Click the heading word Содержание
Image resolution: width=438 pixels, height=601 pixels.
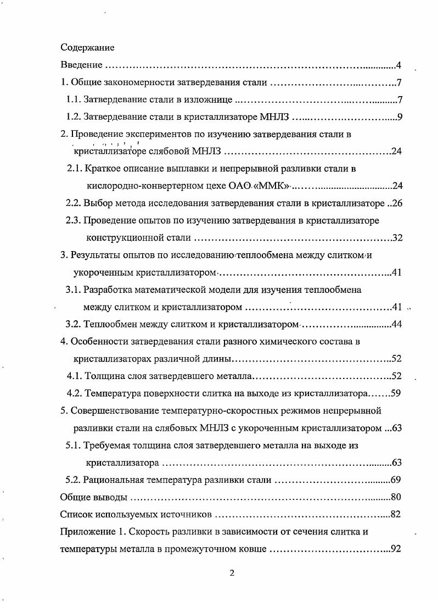click(x=87, y=48)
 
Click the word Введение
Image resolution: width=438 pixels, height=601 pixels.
click(x=81, y=66)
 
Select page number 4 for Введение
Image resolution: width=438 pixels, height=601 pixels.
click(x=399, y=66)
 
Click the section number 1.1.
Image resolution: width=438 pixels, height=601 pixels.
click(x=73, y=100)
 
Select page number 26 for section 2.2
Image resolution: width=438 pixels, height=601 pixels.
click(x=397, y=203)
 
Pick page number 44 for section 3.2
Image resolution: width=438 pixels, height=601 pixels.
click(x=397, y=324)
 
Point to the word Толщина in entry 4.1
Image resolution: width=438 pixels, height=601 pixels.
click(x=104, y=376)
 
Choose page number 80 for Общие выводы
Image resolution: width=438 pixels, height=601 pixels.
click(x=397, y=497)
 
